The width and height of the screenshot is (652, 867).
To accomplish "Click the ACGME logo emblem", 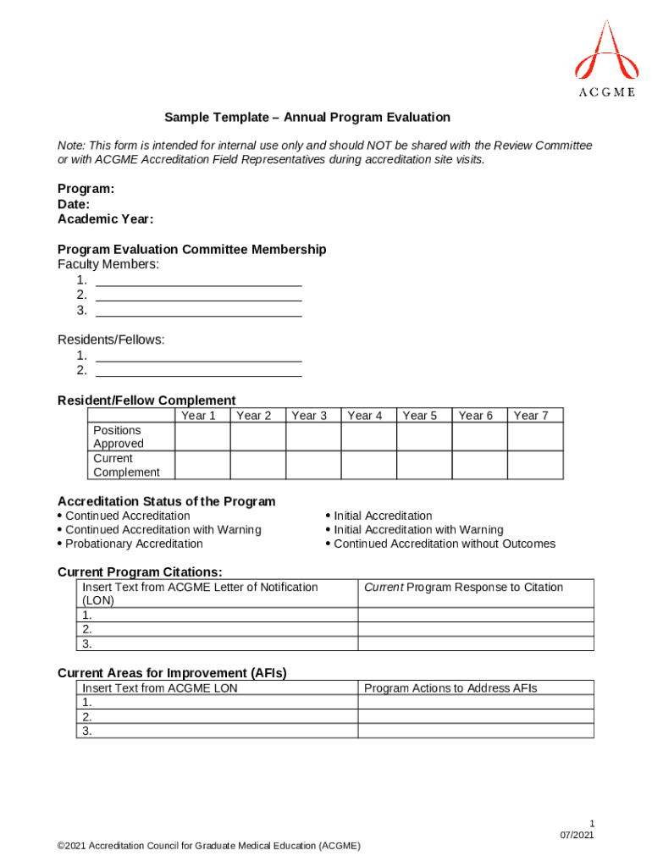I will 605,52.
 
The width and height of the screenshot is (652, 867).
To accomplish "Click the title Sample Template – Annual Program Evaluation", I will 307,118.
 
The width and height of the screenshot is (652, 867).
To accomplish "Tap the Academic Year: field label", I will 105,219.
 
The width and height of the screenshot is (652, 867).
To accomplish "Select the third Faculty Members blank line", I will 199,311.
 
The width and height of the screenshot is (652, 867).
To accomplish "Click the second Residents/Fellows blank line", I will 199,371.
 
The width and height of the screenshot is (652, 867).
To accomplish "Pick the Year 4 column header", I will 365,415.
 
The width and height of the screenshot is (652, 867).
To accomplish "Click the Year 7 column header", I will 531,415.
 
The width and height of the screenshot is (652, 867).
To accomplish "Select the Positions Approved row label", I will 119,437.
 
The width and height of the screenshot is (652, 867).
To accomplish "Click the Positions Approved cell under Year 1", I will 202,437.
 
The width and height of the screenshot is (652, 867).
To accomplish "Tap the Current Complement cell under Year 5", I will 423,465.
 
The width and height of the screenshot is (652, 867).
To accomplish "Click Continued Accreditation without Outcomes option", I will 445,544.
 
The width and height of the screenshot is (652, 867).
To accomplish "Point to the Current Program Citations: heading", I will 140,572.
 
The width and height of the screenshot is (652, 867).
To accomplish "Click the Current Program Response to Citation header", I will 463,588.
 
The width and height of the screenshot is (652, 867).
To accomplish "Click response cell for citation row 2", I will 476,629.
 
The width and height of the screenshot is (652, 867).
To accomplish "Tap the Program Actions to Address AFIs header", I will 450,688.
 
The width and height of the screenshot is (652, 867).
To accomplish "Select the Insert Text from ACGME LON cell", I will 160,688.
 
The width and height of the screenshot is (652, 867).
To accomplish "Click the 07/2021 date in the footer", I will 577,836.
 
